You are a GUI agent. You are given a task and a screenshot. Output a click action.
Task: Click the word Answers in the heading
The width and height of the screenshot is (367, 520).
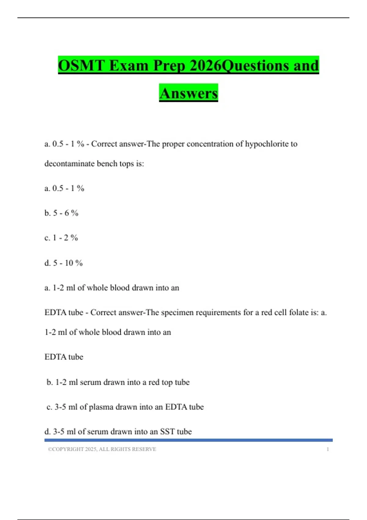tap(188, 93)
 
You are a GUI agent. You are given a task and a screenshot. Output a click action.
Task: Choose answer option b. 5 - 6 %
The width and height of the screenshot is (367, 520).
tap(61, 213)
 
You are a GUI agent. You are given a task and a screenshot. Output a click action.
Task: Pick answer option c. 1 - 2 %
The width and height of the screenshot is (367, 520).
tap(61, 238)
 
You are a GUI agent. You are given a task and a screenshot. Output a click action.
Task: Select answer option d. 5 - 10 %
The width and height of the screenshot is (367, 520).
tap(64, 263)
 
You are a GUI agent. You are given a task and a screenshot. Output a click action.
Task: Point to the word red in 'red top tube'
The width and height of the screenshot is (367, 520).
tap(154, 382)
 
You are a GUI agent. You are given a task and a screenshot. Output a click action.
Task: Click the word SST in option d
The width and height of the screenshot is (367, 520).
tap(167, 432)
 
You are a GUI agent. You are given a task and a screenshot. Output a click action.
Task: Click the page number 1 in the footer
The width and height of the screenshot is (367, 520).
tap(328, 449)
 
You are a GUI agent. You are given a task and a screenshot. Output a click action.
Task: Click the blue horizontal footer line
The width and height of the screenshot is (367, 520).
tap(188, 440)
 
